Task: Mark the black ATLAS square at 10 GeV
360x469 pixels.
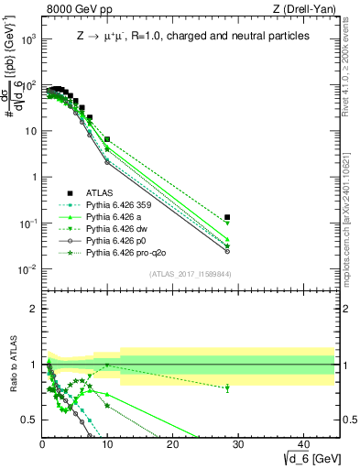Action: click(107, 139)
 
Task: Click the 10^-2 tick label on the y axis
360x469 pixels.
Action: click(27, 269)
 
